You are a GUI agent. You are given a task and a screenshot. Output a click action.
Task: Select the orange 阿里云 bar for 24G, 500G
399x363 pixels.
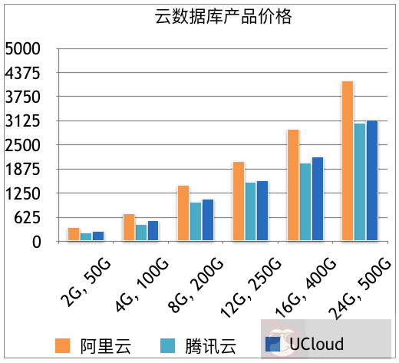347,161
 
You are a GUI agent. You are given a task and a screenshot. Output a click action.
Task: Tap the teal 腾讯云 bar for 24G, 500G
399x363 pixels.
359,182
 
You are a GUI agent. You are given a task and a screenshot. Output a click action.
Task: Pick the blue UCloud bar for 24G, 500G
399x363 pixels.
372,180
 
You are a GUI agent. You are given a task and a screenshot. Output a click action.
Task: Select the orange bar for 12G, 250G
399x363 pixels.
238,201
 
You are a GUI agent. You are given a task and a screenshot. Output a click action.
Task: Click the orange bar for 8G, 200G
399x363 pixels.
183,213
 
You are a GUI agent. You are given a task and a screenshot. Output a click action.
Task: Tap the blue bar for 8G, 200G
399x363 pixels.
208,219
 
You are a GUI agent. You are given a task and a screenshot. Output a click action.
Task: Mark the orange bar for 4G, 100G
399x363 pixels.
128,227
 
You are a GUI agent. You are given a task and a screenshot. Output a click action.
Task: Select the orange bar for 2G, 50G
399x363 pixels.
74,234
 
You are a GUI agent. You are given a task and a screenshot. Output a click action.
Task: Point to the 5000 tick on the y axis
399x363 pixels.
22,49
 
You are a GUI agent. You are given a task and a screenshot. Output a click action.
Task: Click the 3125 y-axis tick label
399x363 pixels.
22,121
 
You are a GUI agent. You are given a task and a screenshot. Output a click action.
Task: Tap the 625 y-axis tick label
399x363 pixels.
26,218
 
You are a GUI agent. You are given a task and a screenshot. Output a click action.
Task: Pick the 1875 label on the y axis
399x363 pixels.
22,170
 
